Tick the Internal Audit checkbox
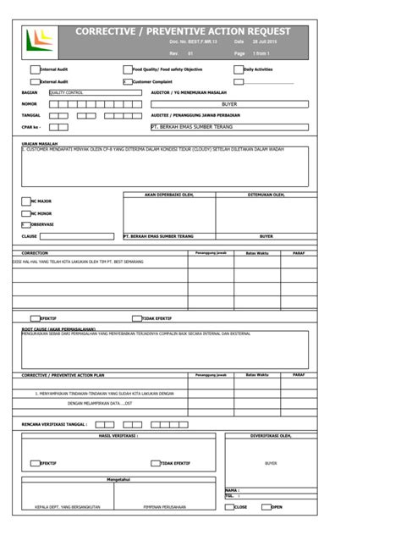tap(35, 69)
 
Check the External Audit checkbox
tap(35, 82)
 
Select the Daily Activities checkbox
tap(238, 69)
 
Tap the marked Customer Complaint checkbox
tap(127, 82)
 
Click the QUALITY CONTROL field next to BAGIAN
tap(83, 91)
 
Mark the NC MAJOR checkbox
tap(26, 201)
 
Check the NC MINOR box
tap(26, 214)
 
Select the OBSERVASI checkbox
tap(26, 224)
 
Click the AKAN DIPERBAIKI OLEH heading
tap(169, 195)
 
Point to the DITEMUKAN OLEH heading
tap(266, 195)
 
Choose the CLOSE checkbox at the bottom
tap(228, 507)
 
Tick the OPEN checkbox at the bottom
tap(266, 507)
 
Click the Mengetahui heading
tap(118, 479)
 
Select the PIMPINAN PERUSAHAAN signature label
tap(165, 507)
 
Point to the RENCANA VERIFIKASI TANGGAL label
tap(53, 424)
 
